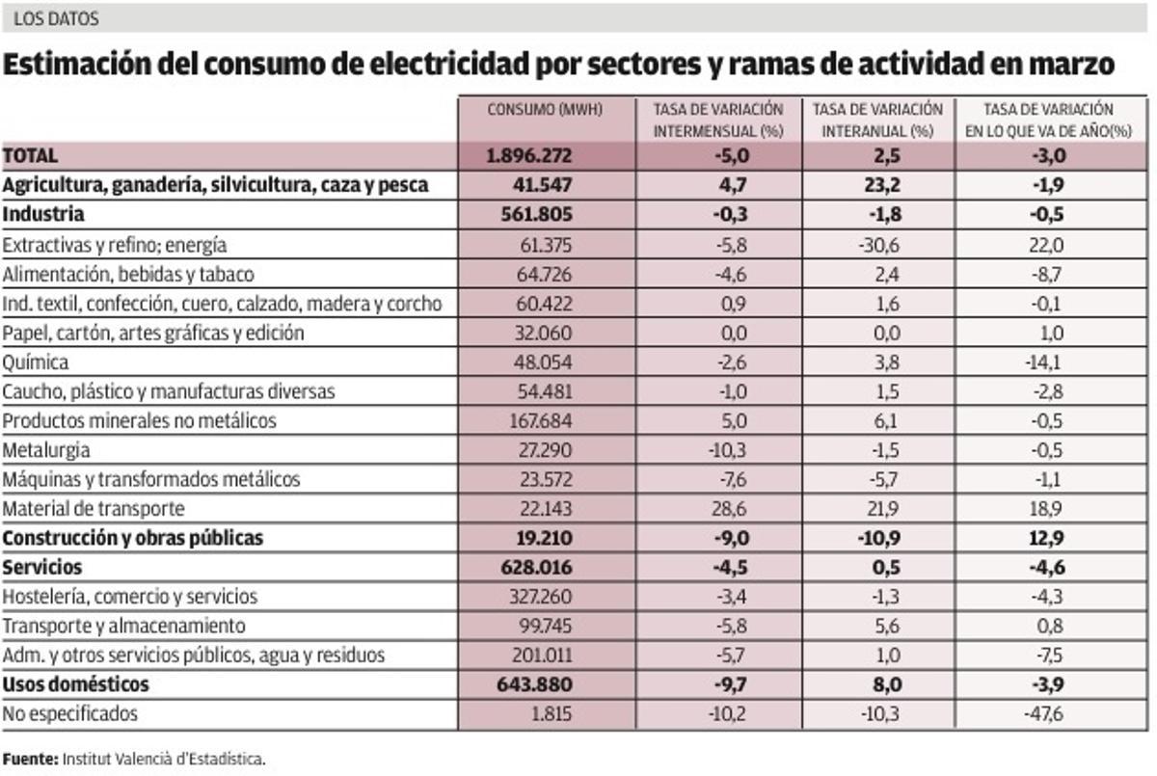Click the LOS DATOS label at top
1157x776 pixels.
click(56, 18)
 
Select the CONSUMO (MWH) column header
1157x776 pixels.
click(545, 110)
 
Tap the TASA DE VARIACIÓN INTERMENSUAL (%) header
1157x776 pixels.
click(718, 120)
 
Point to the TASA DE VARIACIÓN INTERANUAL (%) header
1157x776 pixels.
click(878, 120)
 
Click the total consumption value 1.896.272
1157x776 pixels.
click(545, 156)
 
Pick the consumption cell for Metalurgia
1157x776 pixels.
click(545, 450)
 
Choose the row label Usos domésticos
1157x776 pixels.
click(76, 684)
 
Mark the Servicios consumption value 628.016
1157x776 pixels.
click(545, 568)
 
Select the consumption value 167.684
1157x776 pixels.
click(545, 421)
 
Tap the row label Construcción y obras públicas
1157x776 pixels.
click(133, 538)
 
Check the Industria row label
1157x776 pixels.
click(43, 215)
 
